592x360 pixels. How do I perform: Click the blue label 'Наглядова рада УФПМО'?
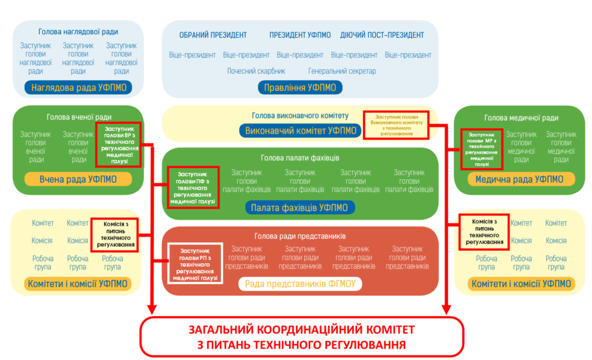coord(79,88)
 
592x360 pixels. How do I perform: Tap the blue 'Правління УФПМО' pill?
coord(300,88)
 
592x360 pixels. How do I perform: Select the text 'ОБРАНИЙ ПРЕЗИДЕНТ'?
coord(213,35)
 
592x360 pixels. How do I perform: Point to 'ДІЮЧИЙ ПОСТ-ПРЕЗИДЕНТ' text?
coord(382,35)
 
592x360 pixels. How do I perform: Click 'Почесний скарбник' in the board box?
coord(256,71)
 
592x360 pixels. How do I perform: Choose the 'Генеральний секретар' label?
coord(342,71)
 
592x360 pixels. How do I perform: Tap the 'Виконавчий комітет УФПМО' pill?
coord(301,131)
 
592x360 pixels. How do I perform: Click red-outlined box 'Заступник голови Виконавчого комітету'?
coord(396,125)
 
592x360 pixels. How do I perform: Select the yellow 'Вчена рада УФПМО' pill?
coord(78,179)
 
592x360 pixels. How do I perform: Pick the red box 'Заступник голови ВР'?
coord(119,144)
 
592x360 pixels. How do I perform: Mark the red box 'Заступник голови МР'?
coord(482,149)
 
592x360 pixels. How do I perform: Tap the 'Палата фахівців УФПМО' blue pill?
coord(300,207)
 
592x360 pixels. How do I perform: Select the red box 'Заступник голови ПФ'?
coord(193,188)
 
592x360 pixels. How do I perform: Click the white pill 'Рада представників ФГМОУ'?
coord(300,284)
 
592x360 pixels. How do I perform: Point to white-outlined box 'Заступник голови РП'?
coord(195,263)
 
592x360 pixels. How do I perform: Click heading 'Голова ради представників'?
coord(300,236)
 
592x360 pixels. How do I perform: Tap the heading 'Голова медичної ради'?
coord(521,118)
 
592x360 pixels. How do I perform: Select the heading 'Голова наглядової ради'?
coord(78,32)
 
